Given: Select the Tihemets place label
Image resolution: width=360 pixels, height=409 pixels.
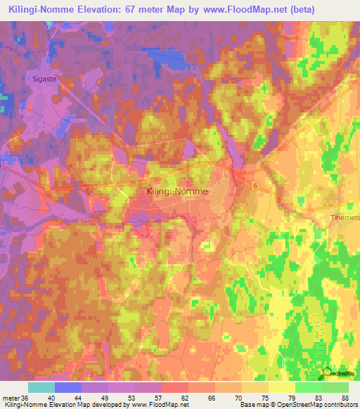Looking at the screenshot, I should tap(345, 218).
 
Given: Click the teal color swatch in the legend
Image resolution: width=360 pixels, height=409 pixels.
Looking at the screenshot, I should tap(41, 387).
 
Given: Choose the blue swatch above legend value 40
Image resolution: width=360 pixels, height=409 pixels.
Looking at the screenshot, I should tap(68, 387).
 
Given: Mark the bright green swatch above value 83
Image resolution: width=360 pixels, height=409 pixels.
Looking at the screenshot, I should tap(309, 387).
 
